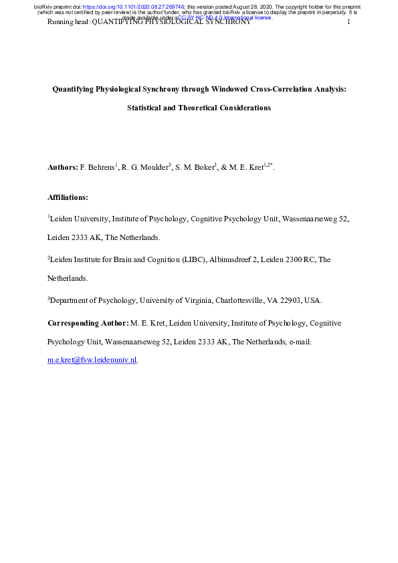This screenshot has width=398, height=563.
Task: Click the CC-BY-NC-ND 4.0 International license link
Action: pos(224,18)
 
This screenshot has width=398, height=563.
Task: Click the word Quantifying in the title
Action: pos(77,88)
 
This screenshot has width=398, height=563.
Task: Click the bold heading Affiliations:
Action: pos(68,197)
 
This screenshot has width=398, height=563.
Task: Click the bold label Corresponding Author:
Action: pos(88,324)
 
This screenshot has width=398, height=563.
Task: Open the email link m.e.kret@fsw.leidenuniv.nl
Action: pos(92,360)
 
